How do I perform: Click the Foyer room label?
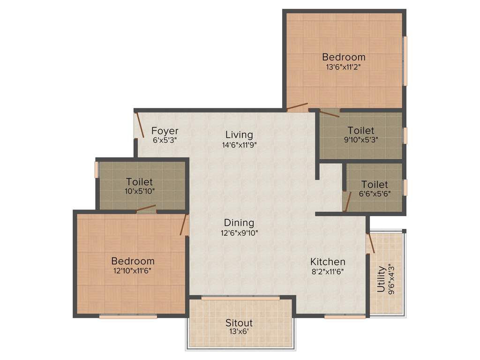click(x=165, y=131)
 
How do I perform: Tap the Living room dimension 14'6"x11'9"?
click(x=239, y=145)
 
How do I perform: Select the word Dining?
click(x=239, y=223)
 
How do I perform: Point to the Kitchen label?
click(x=328, y=262)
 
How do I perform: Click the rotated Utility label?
click(x=381, y=279)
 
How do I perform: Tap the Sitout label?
click(x=239, y=322)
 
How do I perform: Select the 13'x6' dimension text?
click(x=239, y=331)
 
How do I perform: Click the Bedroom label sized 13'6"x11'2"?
click(x=344, y=57)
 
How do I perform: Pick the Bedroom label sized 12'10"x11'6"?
click(x=133, y=261)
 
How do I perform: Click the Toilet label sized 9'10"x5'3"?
click(x=361, y=130)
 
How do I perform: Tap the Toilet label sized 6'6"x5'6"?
click(x=375, y=185)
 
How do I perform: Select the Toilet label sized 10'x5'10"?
click(x=140, y=182)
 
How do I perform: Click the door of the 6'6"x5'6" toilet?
click(x=347, y=202)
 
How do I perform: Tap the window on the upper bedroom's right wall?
click(x=405, y=61)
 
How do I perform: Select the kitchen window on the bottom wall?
click(x=345, y=317)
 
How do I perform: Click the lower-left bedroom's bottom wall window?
click(x=128, y=317)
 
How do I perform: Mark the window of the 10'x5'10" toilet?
click(x=97, y=170)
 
